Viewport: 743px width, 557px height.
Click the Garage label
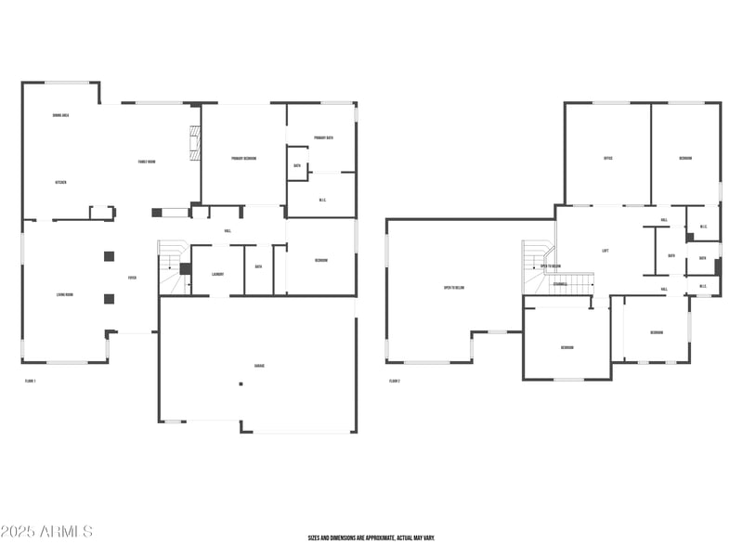(259, 366)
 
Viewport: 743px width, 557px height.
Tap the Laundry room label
(218, 274)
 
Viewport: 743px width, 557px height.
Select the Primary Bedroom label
(243, 159)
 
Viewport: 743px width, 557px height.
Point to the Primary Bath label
(323, 137)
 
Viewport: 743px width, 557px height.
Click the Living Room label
(65, 295)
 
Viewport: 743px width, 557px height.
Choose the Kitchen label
(60, 182)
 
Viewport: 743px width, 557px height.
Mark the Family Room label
(147, 162)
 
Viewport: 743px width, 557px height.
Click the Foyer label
(132, 278)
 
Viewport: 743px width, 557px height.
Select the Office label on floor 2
(607, 158)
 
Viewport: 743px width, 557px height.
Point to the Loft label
(606, 250)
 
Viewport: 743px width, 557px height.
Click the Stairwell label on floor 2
(560, 284)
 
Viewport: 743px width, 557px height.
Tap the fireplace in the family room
(193, 144)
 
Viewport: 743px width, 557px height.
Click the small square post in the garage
(241, 383)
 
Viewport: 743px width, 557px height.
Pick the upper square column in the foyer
(109, 255)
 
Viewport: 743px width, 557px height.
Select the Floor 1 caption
(30, 381)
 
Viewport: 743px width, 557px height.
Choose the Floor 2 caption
(395, 381)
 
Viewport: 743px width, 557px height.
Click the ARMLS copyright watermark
(46, 532)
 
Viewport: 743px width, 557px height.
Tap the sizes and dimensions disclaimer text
(371, 538)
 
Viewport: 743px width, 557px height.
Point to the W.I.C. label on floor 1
(322, 200)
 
